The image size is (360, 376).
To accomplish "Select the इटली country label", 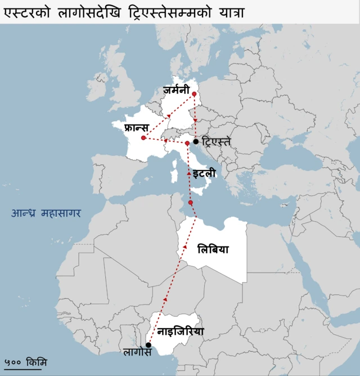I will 204,174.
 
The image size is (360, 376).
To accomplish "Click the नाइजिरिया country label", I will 181,332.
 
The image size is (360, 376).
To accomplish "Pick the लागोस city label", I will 138,354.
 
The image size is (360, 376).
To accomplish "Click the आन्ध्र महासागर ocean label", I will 46,213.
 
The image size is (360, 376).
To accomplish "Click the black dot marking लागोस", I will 148,344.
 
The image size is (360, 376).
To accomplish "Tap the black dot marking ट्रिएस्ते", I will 196,141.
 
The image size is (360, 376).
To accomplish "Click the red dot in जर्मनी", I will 194,94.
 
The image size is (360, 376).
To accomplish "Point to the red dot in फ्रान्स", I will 144,138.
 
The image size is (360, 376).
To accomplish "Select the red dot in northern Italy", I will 187,144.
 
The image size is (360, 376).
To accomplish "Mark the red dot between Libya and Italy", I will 191,203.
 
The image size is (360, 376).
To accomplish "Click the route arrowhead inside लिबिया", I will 185,247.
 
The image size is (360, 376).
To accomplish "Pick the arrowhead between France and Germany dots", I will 169,116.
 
